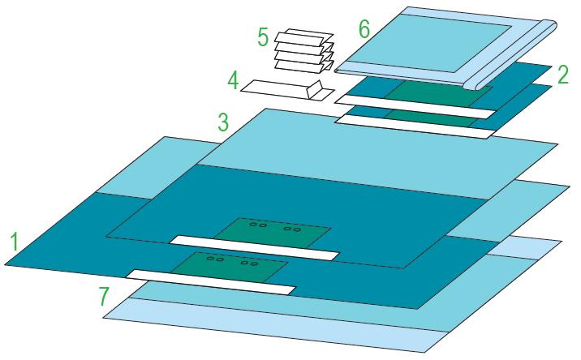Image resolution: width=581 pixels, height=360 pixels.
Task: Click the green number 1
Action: (x=13, y=242)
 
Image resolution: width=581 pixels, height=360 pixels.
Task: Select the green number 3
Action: (x=222, y=122)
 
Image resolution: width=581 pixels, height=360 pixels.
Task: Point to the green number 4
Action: (x=233, y=80)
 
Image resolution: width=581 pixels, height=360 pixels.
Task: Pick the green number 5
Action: (x=263, y=37)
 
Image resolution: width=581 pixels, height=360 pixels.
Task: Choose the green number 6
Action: (x=364, y=29)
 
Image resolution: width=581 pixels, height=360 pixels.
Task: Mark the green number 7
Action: (x=104, y=297)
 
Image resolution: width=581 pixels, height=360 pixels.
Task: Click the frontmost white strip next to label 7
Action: (x=211, y=281)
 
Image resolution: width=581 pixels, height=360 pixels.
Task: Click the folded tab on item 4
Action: (x=319, y=88)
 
